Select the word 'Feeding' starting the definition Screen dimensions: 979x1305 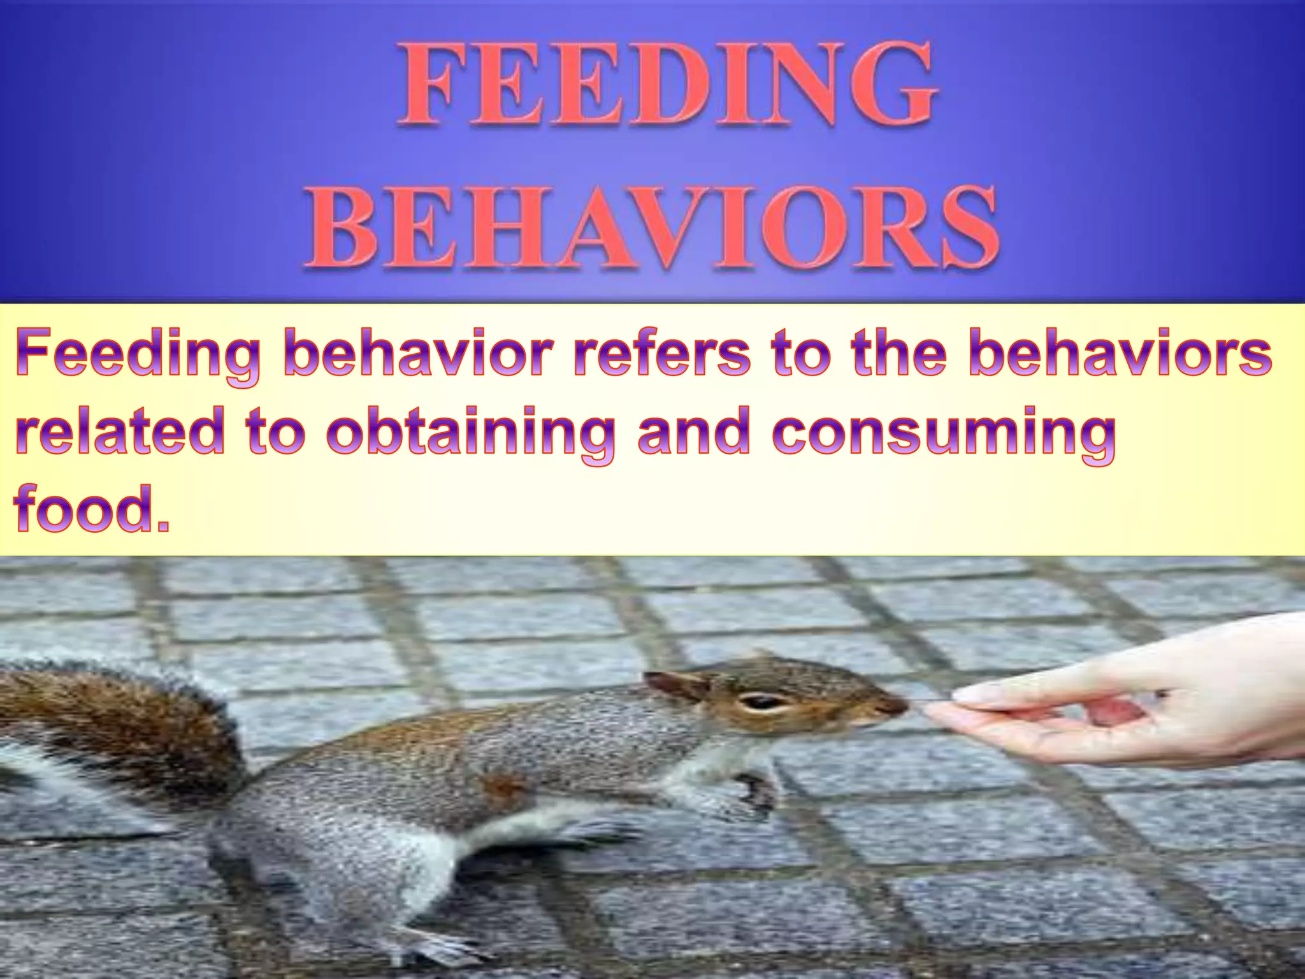pyautogui.click(x=138, y=356)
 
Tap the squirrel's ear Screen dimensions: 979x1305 pyautogui.click(x=675, y=685)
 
